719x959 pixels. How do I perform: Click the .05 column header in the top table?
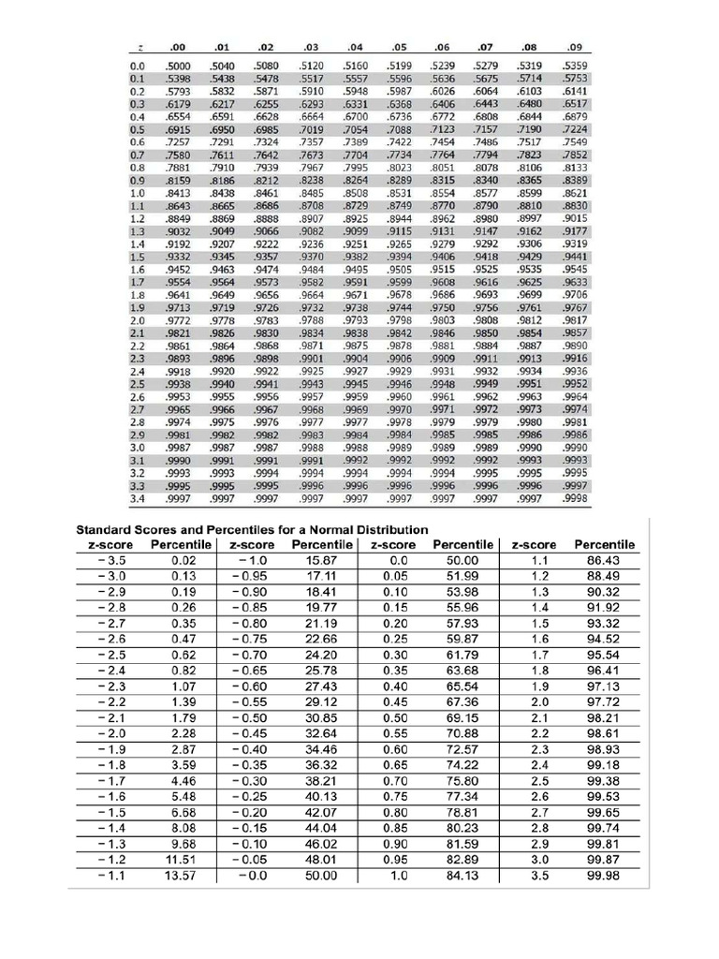(401, 46)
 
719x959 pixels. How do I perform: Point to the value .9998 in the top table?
(575, 499)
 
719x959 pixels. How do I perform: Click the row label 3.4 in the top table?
(138, 499)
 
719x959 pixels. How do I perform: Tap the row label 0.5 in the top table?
(138, 129)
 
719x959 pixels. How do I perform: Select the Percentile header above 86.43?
(604, 544)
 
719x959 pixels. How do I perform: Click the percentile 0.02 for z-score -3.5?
(183, 560)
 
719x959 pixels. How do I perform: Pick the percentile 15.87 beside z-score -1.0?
(320, 560)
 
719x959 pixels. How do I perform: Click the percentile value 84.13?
(462, 876)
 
